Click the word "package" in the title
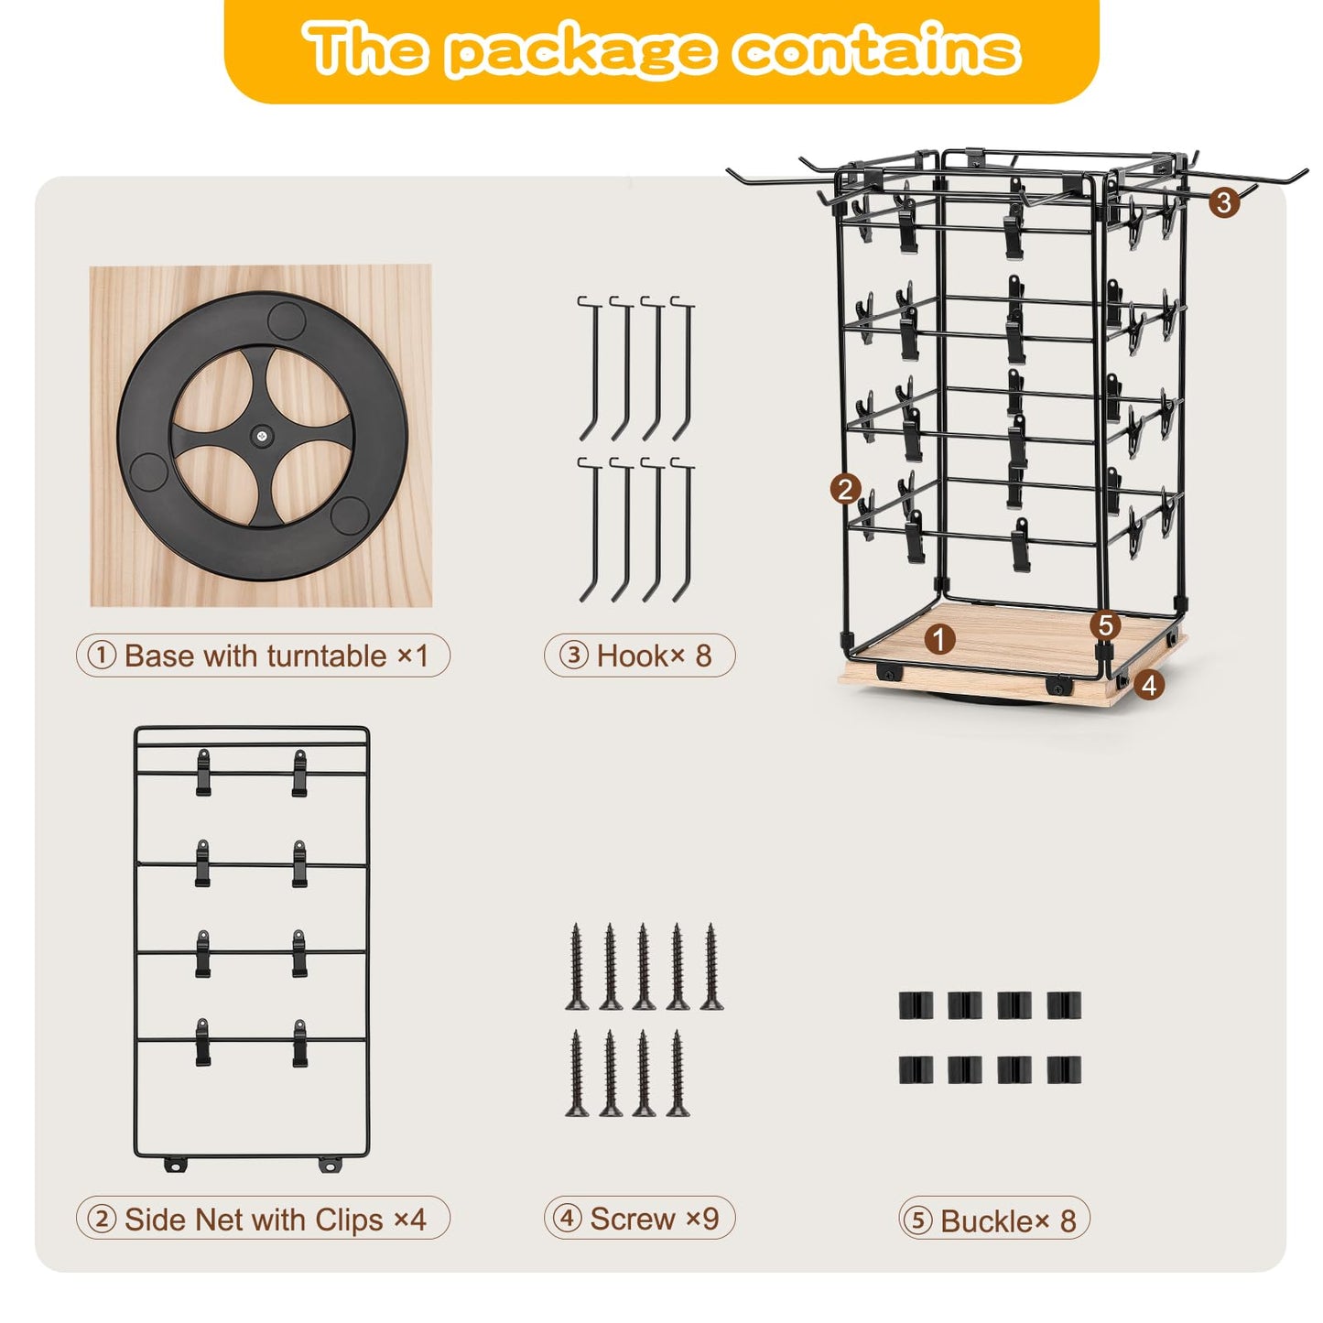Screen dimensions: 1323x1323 pyautogui.click(x=581, y=54)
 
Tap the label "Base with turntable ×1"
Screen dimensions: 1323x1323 pyautogui.click(x=276, y=656)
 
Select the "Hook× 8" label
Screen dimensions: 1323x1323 pyautogui.click(x=654, y=656)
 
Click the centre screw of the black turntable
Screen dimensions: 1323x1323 pyautogui.click(x=261, y=434)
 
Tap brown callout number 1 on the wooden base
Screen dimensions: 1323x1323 pyautogui.click(x=939, y=640)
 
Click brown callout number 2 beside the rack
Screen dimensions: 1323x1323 pyautogui.click(x=845, y=490)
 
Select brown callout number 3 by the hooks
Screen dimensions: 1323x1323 pyautogui.click(x=1224, y=202)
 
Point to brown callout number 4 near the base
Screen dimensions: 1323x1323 pyautogui.click(x=1149, y=685)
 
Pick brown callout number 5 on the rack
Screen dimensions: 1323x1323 pyautogui.click(x=1105, y=625)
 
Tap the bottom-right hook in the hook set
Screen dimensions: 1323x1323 pyautogui.click(x=684, y=531)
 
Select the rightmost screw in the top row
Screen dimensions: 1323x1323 pyautogui.click(x=711, y=968)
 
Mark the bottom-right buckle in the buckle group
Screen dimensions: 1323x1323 pyautogui.click(x=1064, y=1069)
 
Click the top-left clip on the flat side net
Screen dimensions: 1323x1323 pyautogui.click(x=202, y=773)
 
